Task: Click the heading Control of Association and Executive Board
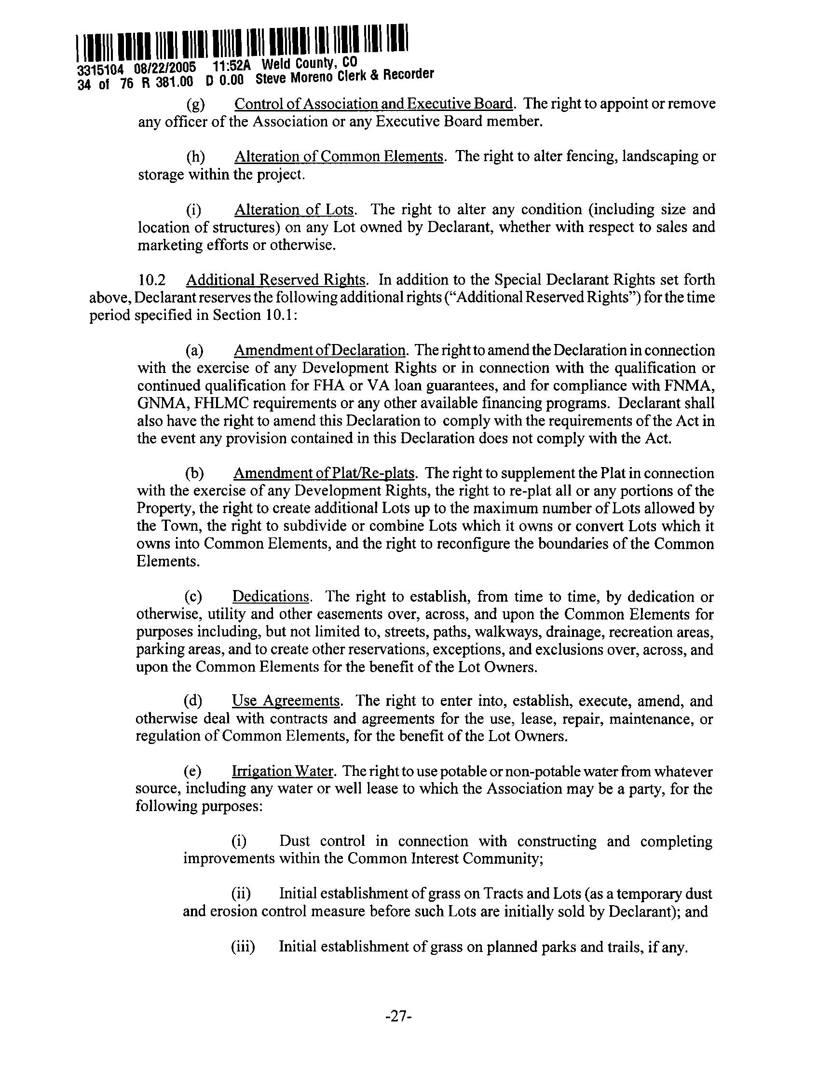coord(373,104)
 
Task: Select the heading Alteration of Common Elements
coord(339,156)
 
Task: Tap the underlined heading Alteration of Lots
coord(294,209)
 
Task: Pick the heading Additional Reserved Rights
coord(275,279)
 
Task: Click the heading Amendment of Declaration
coord(319,350)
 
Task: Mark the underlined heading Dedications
coord(271,596)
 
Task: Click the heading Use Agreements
coord(286,701)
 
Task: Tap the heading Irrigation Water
coord(283,771)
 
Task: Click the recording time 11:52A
coord(232,65)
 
